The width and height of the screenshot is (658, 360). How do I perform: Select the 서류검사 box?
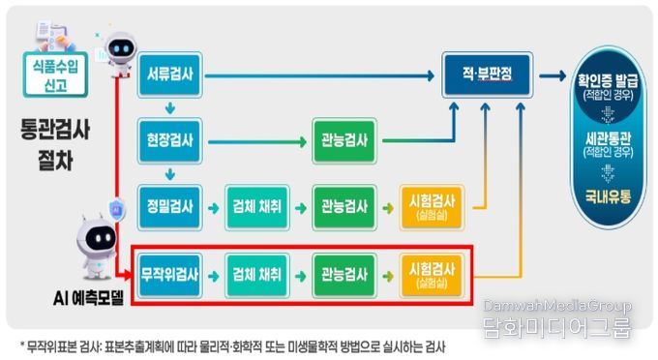click(x=167, y=75)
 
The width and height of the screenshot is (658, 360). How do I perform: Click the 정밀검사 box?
click(x=167, y=206)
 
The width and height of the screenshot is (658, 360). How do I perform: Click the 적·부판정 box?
click(x=487, y=74)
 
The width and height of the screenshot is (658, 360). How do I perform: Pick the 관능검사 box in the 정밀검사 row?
click(x=344, y=206)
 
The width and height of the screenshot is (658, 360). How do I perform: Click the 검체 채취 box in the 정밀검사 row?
click(x=257, y=206)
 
